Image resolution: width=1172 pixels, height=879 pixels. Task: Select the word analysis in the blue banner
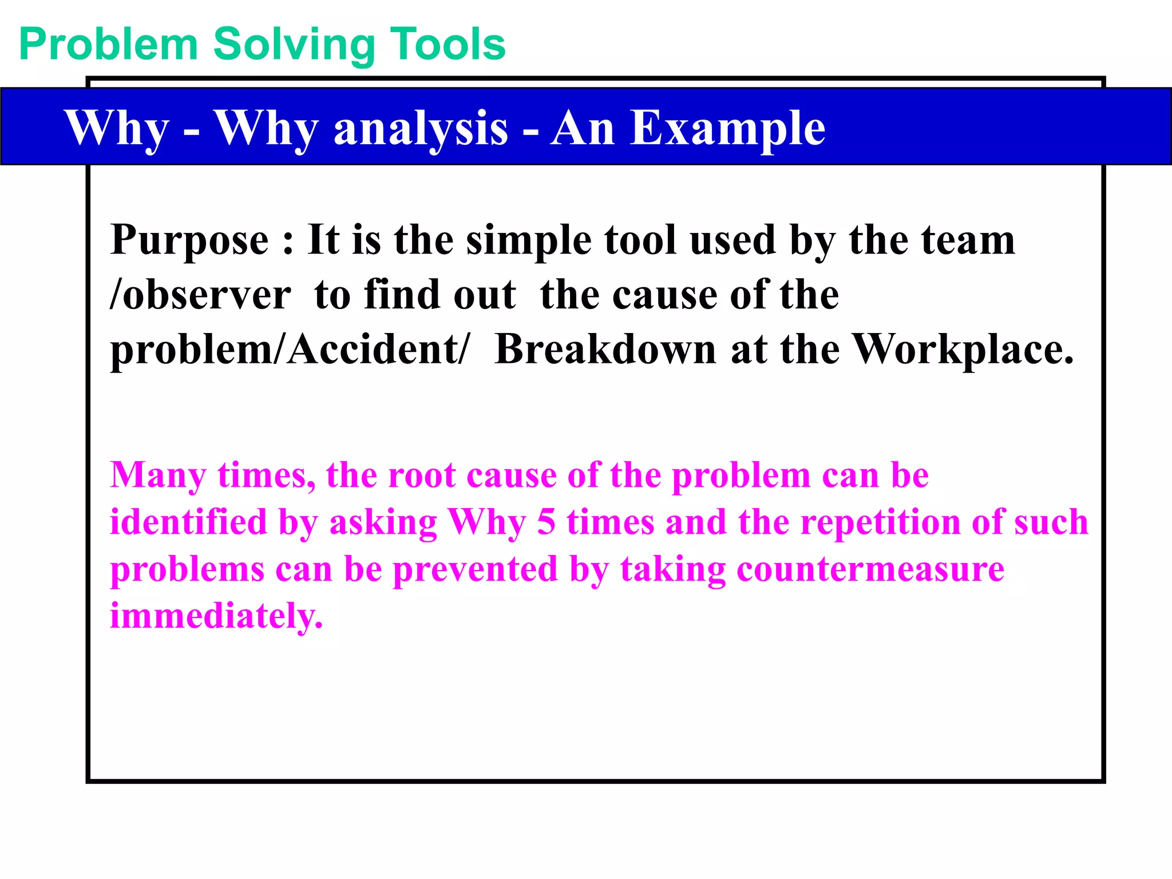click(421, 129)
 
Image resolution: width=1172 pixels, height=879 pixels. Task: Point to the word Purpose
click(189, 240)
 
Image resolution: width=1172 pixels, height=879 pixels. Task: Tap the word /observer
click(200, 295)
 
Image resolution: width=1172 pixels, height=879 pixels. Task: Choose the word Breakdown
click(605, 349)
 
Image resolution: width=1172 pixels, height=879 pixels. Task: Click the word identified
click(188, 522)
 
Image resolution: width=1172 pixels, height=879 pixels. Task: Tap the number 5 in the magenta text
click(546, 522)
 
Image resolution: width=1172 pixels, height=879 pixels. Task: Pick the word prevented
click(475, 570)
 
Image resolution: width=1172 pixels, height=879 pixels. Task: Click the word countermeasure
click(870, 570)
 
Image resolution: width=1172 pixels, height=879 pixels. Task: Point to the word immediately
click(216, 616)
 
